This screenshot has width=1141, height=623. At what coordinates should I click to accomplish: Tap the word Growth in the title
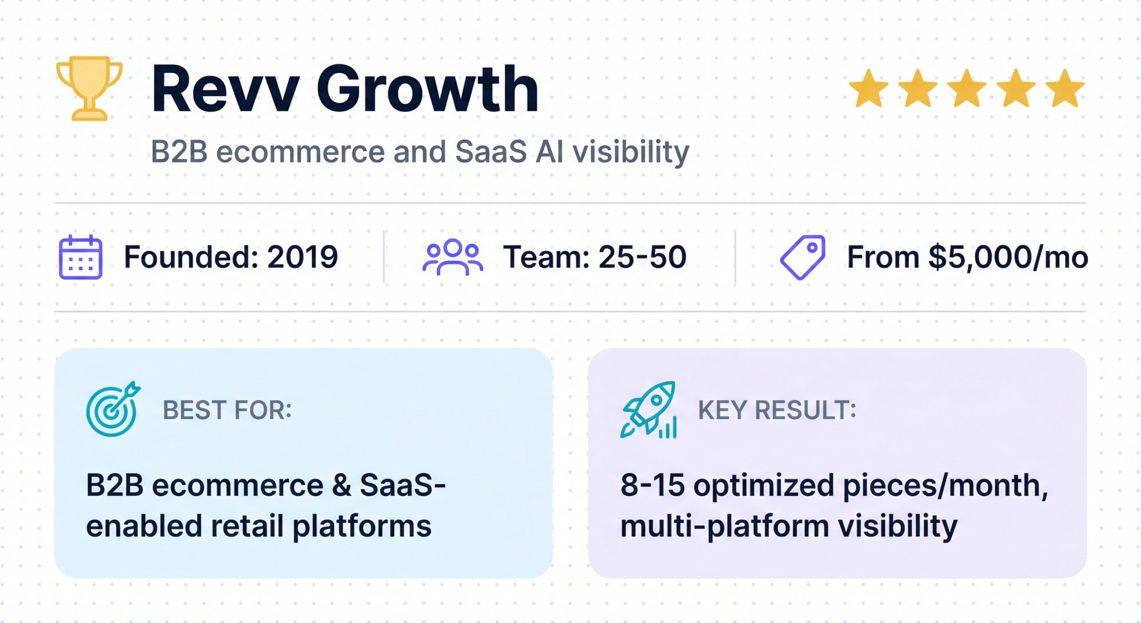tap(427, 90)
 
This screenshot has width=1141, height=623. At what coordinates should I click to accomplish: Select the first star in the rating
tap(868, 89)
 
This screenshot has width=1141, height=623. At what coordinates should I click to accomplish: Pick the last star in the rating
tap(1065, 89)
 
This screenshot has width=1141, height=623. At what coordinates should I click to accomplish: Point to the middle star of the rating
tap(967, 89)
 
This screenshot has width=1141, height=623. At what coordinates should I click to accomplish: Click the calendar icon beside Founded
tap(80, 257)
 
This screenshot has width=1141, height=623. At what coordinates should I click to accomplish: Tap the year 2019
tap(302, 257)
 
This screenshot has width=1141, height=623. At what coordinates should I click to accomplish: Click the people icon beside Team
tap(453, 257)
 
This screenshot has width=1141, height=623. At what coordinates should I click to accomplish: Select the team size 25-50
tap(642, 257)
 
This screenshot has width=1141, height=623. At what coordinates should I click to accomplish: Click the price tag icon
tap(803, 257)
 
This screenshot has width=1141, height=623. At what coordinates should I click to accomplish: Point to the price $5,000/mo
tap(1008, 257)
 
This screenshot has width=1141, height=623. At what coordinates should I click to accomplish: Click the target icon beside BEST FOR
tap(113, 409)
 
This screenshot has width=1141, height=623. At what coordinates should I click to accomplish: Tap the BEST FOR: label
tap(227, 410)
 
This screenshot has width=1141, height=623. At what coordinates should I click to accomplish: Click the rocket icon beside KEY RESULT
tap(648, 409)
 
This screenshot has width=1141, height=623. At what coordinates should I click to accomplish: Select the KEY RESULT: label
tap(776, 410)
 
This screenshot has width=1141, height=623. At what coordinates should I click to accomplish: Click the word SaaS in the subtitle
tap(491, 152)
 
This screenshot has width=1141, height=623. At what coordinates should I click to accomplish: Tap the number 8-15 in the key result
tap(652, 485)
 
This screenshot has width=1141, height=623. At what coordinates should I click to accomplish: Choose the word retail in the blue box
tap(247, 526)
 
